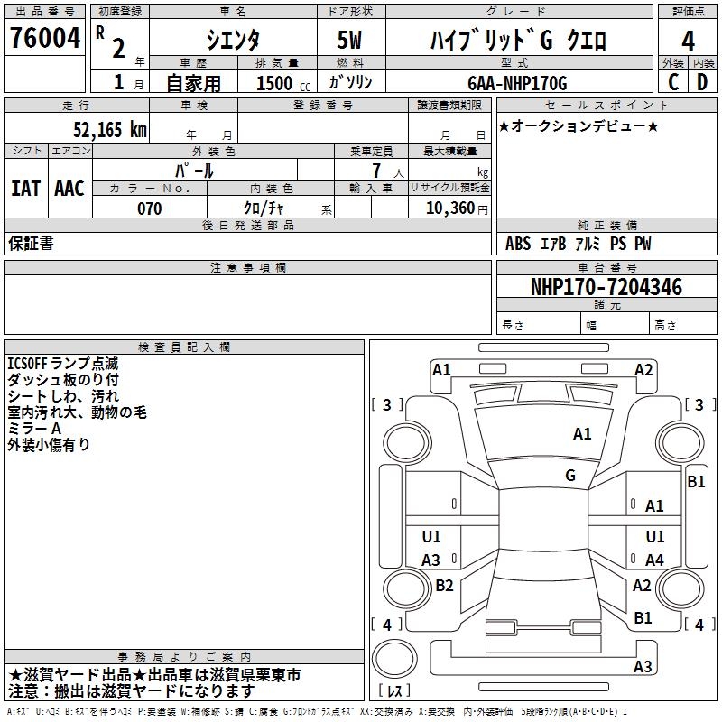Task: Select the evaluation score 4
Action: [688, 42]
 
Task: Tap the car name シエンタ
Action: [233, 41]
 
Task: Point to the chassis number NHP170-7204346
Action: [606, 288]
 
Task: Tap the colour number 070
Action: [149, 208]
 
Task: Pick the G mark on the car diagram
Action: [570, 476]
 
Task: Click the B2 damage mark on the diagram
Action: [444, 586]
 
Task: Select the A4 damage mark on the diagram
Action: [654, 560]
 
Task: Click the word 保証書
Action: [31, 244]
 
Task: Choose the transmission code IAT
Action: [25, 188]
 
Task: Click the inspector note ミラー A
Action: [33, 429]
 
